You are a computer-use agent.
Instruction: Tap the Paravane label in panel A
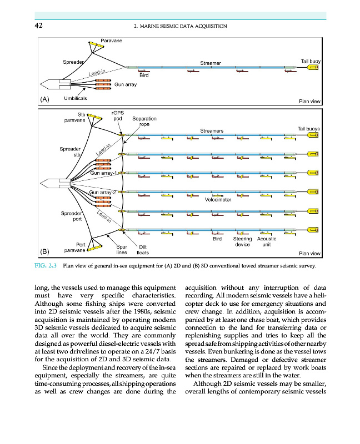click(112, 40)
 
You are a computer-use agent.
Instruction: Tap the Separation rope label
click(144, 121)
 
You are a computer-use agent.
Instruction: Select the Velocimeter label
click(218, 199)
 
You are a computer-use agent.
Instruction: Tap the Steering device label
click(242, 241)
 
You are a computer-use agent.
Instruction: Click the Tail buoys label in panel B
click(309, 129)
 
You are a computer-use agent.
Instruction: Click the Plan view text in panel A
click(309, 101)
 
